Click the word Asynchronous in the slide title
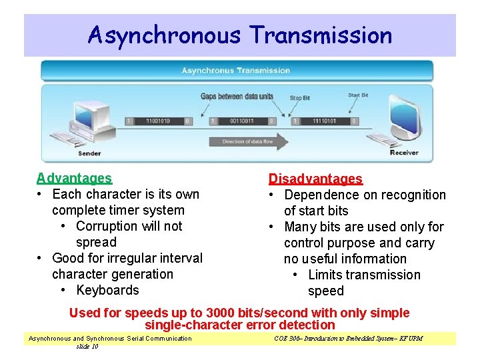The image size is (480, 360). (x=163, y=35)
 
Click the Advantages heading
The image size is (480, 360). (x=74, y=178)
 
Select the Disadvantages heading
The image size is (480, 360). (x=315, y=179)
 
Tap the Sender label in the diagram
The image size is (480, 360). (x=89, y=153)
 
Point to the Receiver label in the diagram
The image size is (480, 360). (x=403, y=153)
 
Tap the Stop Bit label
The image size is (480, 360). (x=300, y=98)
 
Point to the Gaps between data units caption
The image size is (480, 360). (x=237, y=96)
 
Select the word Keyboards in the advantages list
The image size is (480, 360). (x=108, y=290)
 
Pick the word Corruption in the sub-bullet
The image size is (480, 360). (x=109, y=226)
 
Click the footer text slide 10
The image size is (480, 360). (x=87, y=347)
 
